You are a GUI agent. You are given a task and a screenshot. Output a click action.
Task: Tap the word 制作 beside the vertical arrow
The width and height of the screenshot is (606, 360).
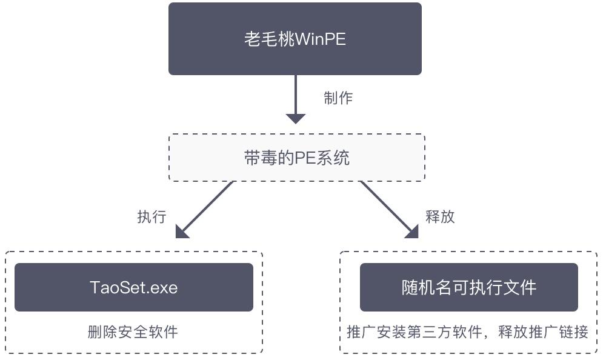pyautogui.click(x=338, y=98)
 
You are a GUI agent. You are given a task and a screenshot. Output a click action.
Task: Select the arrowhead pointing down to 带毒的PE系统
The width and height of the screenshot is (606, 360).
pyautogui.click(x=295, y=118)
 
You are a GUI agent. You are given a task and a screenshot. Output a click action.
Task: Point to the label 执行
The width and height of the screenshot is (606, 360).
pyautogui.click(x=151, y=217)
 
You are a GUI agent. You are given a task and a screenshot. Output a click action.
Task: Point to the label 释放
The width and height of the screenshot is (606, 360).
pyautogui.click(x=440, y=216)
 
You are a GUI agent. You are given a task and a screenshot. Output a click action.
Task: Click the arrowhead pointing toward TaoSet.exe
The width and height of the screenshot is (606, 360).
pyautogui.click(x=181, y=232)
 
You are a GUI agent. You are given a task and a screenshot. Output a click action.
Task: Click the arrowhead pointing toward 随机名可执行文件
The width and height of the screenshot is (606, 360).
pyautogui.click(x=412, y=231)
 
